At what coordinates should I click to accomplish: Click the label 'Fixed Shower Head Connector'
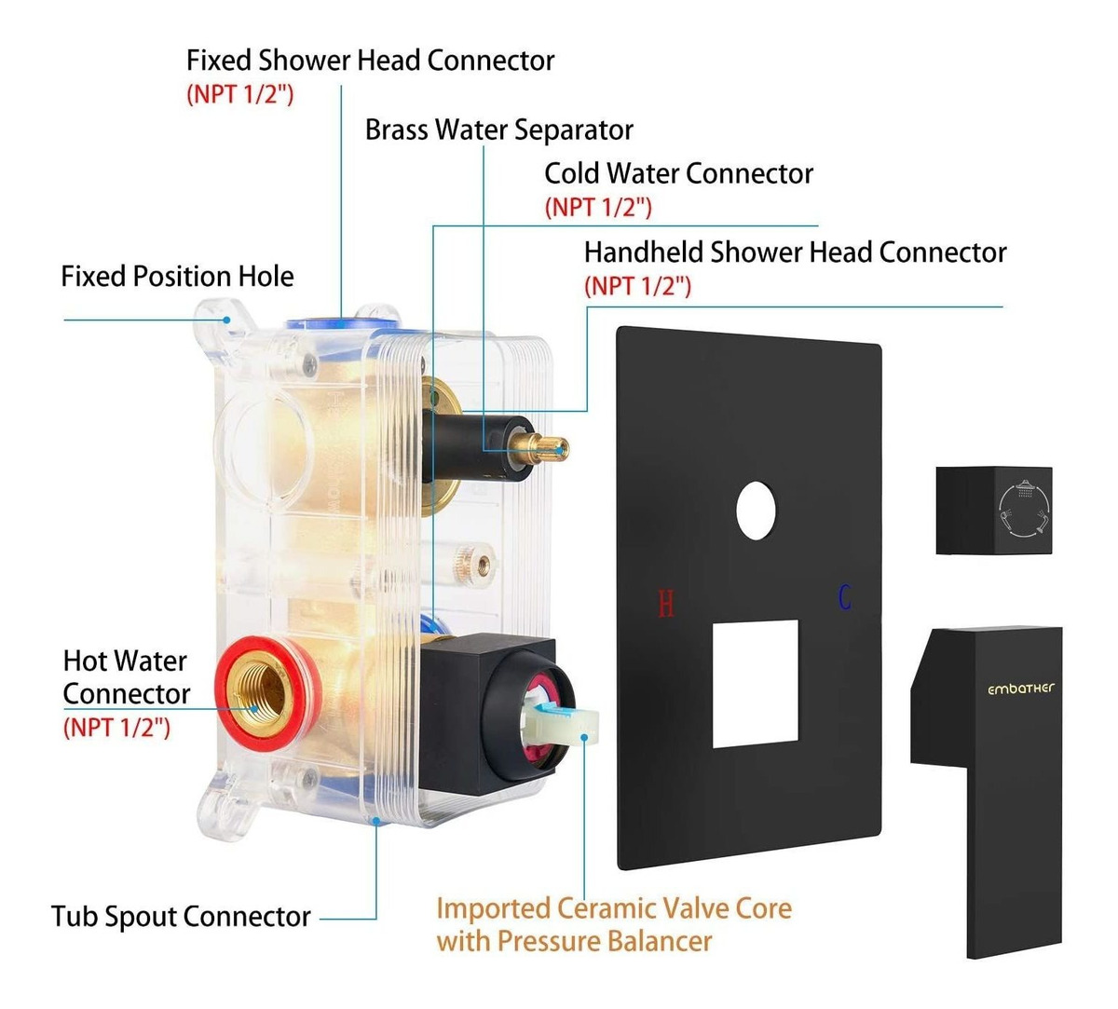point(370,61)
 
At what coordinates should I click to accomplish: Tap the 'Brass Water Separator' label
point(498,130)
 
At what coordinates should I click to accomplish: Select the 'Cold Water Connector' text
point(678,173)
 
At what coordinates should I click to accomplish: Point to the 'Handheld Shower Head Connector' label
point(795,252)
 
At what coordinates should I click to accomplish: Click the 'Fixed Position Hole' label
point(177,277)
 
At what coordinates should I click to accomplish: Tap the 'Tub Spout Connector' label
point(181,916)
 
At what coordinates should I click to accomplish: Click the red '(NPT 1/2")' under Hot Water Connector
point(116,727)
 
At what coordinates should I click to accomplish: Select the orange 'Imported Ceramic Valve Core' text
point(614,907)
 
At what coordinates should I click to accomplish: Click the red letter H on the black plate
point(665,604)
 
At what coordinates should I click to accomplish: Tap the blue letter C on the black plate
point(844,596)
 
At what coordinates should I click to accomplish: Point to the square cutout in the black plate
point(756,683)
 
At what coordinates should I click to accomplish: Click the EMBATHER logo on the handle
point(1021,689)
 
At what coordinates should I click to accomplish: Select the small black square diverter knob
point(993,511)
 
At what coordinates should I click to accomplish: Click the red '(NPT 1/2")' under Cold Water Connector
point(598,207)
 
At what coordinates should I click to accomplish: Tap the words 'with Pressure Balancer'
point(574,941)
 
